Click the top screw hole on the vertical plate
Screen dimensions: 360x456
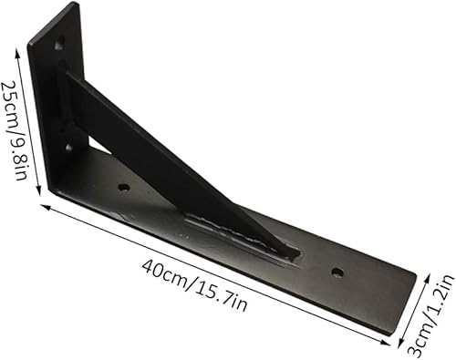coord(59,42)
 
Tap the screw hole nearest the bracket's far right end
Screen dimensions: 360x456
coord(337,272)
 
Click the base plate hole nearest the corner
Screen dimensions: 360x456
coord(123,188)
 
